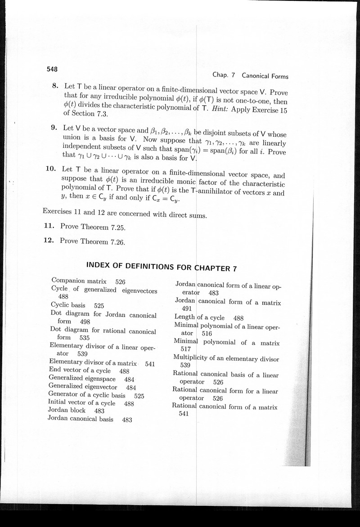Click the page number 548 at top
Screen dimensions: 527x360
[x=52, y=69]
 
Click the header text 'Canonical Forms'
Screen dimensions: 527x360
[x=265, y=76]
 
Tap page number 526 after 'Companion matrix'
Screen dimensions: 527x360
[x=120, y=282]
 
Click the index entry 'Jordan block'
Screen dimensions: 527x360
[x=66, y=411]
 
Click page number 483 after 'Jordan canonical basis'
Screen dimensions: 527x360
[x=127, y=420]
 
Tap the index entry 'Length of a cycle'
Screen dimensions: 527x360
[x=199, y=317]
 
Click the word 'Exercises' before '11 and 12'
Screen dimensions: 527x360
[x=58, y=210]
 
